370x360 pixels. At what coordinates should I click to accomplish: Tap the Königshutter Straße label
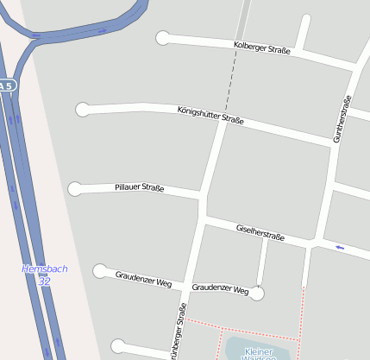210,115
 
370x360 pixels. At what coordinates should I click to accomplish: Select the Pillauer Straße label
140,187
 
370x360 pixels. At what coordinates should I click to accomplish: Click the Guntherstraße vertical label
342,118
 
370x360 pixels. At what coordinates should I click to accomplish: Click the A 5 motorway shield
7,85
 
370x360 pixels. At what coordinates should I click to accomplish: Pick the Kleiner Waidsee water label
265,353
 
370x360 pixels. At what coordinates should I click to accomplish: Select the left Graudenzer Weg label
144,278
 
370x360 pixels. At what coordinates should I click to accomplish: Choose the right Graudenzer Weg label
220,288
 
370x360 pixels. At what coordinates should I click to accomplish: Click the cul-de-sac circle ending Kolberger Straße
163,37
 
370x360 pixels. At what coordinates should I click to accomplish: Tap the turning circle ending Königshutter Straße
83,109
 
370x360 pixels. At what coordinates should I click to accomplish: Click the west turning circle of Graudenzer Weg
100,271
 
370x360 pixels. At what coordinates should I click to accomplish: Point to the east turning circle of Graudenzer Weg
257,294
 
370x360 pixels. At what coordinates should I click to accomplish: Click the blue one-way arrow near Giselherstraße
340,248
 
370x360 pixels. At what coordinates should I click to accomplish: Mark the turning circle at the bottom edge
117,347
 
